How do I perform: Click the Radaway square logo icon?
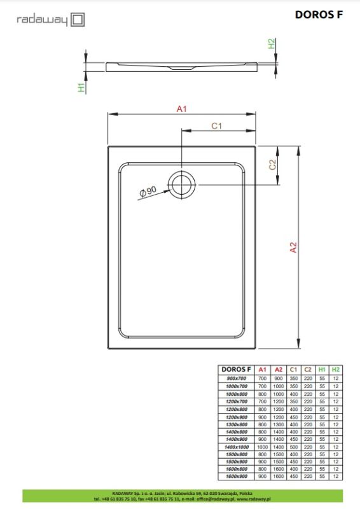(78, 20)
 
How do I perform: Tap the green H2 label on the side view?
(272, 44)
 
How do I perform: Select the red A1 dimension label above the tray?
(181, 109)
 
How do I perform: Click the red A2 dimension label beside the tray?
(293, 248)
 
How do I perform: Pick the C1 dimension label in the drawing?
(216, 126)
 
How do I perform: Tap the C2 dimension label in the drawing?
(272, 165)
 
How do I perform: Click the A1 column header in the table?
(262, 369)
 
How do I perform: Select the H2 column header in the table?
(335, 369)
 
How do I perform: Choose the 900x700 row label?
(236, 378)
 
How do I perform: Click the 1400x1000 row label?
(236, 447)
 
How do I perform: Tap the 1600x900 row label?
(236, 477)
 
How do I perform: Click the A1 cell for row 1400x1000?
(262, 447)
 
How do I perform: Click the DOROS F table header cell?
(236, 369)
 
